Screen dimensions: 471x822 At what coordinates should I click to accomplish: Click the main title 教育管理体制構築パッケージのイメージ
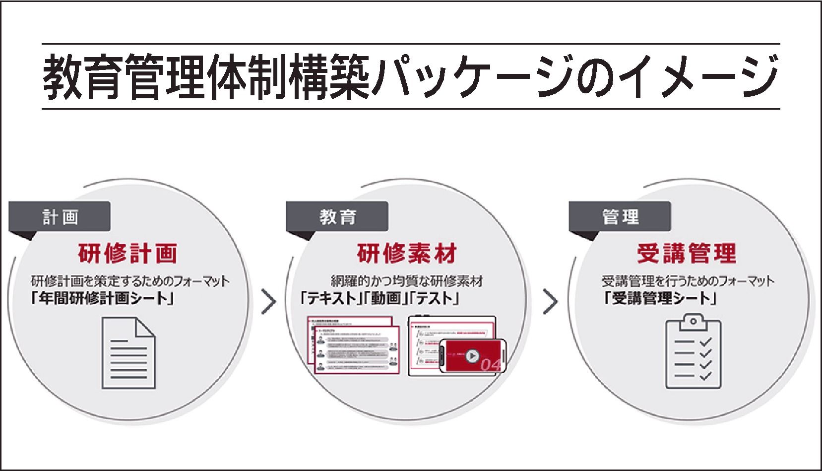coord(411,76)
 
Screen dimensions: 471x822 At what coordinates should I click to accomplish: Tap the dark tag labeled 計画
coord(60,217)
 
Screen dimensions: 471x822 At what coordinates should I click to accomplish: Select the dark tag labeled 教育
coord(337,217)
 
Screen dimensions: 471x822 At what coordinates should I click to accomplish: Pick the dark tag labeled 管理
coord(620,217)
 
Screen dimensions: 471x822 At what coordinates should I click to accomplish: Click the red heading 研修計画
coord(127,253)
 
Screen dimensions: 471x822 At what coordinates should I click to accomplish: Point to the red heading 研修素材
coord(407,253)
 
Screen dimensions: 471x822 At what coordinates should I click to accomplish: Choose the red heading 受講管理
coord(687,253)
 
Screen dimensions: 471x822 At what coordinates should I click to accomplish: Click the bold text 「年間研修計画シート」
coord(102,299)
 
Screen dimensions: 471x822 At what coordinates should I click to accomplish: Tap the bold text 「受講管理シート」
coord(660,299)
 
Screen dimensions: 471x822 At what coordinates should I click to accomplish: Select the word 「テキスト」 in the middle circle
coord(329,299)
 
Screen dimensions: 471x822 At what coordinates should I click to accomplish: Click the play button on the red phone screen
coord(472,355)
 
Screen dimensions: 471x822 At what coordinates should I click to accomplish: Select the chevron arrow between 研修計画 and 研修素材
coord(268,302)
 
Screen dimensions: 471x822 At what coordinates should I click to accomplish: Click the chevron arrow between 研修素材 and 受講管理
coord(550,302)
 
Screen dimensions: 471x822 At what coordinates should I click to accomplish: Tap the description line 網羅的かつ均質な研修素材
coord(407,281)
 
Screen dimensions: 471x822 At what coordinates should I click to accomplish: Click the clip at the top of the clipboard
coord(693,322)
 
